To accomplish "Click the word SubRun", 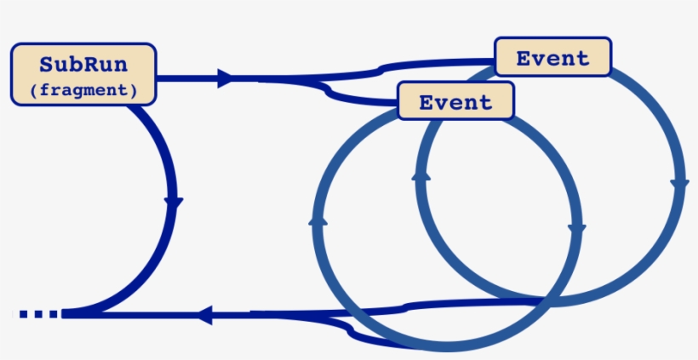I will [x=83, y=66].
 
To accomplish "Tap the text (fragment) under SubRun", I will [x=83, y=89].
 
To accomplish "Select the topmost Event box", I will [x=553, y=58].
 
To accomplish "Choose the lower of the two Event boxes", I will [x=455, y=102].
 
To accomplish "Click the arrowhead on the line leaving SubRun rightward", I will [x=226, y=79].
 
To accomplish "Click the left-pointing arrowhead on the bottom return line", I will [x=204, y=315].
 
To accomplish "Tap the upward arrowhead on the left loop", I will [x=318, y=220].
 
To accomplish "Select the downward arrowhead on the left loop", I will [x=576, y=229].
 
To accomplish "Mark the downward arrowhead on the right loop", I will [x=679, y=184].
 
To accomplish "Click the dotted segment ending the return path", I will [x=38, y=314].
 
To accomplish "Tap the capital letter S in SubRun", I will [x=47, y=66].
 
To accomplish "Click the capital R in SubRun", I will [x=90, y=66].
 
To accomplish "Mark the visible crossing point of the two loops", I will [x=542, y=300].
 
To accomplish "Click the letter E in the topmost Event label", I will [x=523, y=58].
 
